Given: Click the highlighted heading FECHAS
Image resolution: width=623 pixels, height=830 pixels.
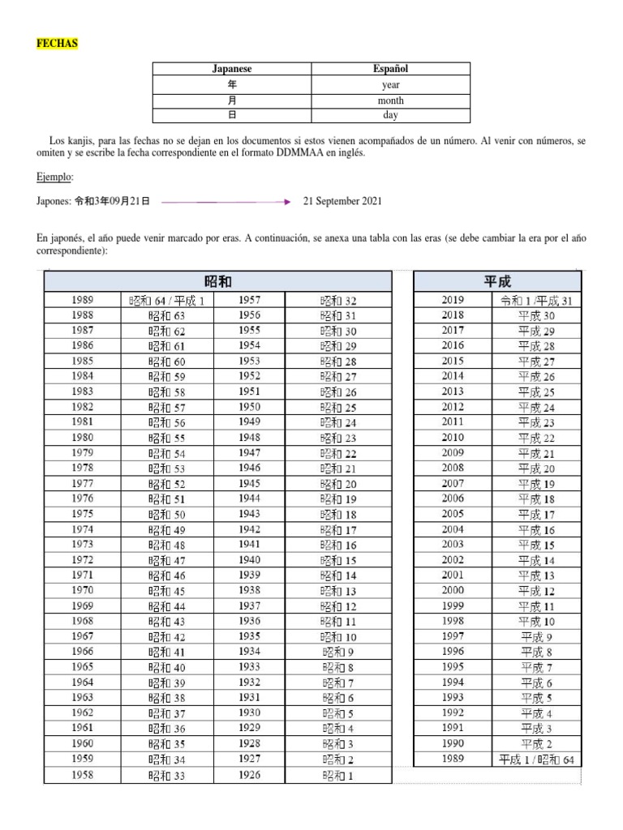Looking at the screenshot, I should [x=57, y=44].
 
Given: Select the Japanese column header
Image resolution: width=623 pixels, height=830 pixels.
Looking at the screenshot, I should [x=232, y=69].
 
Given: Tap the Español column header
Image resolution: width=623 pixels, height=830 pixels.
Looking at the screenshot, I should [x=391, y=69].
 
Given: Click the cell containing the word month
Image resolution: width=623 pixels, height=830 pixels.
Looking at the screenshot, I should [x=391, y=101].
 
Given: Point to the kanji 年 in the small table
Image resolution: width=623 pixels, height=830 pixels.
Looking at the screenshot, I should [x=232, y=84].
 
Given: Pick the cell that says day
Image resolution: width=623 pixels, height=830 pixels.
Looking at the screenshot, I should [x=391, y=116].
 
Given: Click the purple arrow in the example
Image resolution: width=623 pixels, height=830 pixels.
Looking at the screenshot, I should [x=226, y=201].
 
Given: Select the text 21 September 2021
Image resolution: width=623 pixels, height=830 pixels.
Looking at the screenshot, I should [x=342, y=201].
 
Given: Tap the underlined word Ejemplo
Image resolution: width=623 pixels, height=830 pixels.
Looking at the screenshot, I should [x=55, y=176].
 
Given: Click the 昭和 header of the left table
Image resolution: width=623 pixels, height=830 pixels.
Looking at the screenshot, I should [x=218, y=281].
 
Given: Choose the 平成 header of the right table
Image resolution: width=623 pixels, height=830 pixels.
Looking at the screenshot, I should [x=497, y=281].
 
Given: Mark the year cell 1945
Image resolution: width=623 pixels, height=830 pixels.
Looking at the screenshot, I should [x=250, y=484].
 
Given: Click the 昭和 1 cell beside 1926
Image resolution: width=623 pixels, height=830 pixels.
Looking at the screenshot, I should [x=338, y=776].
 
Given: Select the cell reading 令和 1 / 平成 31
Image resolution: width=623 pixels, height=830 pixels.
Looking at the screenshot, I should [x=537, y=301].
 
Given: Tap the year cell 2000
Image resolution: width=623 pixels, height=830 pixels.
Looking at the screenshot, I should [x=453, y=591].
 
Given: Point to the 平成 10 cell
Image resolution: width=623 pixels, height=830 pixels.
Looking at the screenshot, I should [x=537, y=622].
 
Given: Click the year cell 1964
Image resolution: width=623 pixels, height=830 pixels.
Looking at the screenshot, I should [x=82, y=682].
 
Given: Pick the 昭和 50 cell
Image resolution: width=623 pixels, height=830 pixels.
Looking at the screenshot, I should [x=167, y=515].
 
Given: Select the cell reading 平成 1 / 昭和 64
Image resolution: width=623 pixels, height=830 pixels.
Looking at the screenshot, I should [x=537, y=759].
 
